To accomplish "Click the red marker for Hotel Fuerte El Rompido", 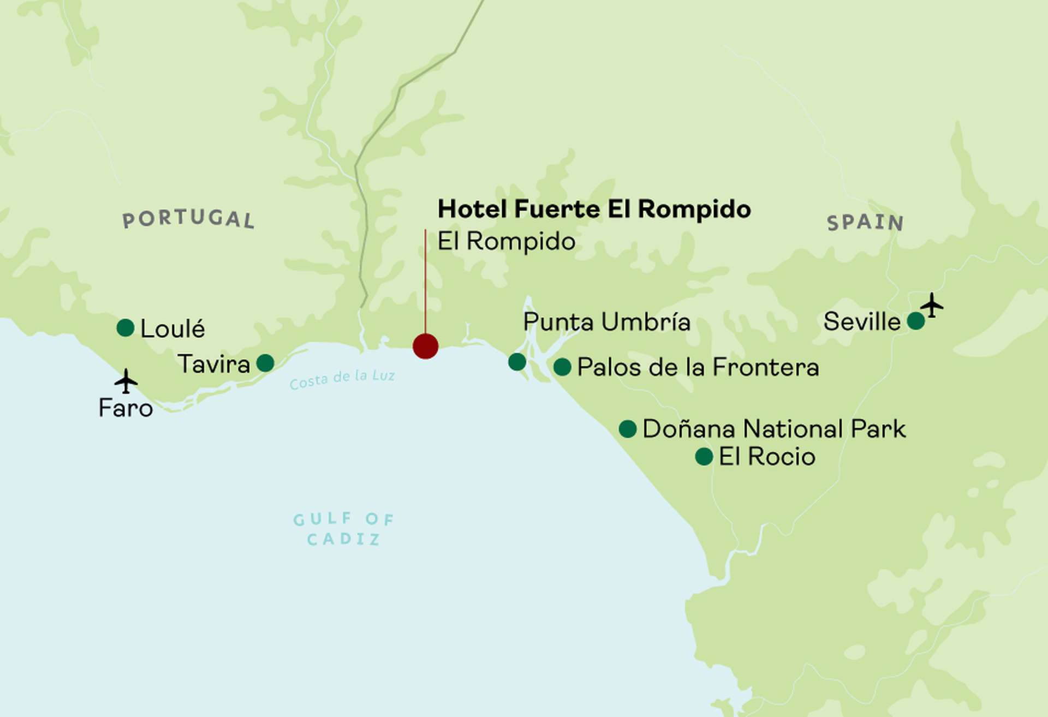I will click(x=425, y=346).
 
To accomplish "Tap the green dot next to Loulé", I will click(x=126, y=328).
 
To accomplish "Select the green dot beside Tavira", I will click(x=265, y=363).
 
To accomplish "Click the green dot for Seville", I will click(x=916, y=321).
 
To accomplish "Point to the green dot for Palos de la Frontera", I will click(x=562, y=367).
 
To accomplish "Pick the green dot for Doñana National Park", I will click(x=628, y=429).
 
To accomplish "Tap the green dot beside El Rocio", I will click(x=704, y=456).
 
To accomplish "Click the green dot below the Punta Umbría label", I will click(x=517, y=361).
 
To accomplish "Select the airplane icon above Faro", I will click(x=126, y=381).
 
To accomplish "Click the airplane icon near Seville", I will click(x=932, y=305).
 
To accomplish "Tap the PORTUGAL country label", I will click(x=188, y=219).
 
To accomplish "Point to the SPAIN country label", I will click(x=865, y=223).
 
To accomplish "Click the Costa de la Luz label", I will click(x=342, y=379).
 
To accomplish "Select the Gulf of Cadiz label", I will click(x=343, y=529).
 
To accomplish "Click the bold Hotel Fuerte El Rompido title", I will click(x=594, y=209).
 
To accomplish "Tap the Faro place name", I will click(x=126, y=408).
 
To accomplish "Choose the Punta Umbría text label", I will click(x=606, y=322).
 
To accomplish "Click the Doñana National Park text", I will click(x=774, y=429).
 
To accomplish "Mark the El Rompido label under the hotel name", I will click(x=506, y=241).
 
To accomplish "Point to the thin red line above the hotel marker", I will click(x=426, y=278).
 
